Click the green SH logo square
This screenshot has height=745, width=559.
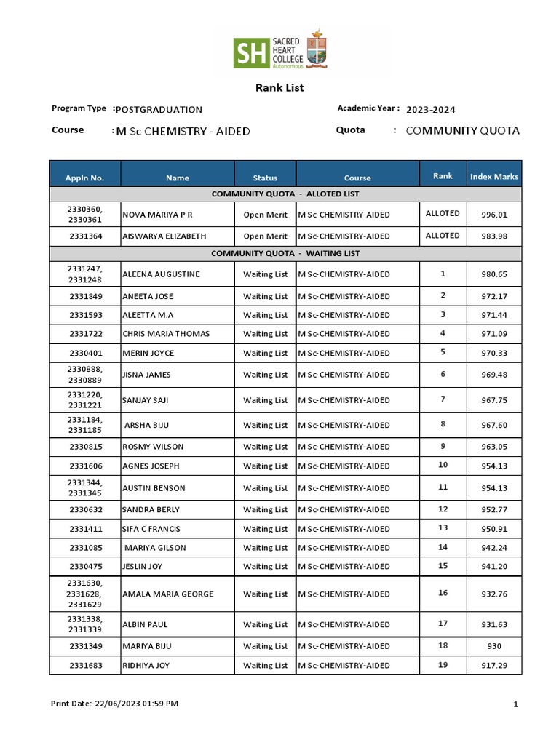click(x=250, y=52)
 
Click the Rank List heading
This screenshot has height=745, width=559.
click(x=279, y=88)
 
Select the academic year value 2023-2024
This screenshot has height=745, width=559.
click(x=431, y=110)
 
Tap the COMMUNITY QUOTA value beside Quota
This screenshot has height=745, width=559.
click(x=462, y=131)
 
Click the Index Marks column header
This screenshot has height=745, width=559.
click(x=493, y=177)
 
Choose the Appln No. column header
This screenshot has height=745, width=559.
click(x=85, y=178)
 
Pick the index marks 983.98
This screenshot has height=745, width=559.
click(x=493, y=236)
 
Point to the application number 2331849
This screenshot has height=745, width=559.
click(x=85, y=297)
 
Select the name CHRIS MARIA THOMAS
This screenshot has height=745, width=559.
click(x=166, y=334)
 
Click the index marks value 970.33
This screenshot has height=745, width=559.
click(x=493, y=353)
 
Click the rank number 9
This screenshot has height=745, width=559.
click(x=443, y=446)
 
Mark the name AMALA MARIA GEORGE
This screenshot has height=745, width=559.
click(x=168, y=594)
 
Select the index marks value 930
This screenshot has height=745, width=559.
click(x=493, y=646)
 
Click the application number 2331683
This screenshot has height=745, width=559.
click(x=85, y=666)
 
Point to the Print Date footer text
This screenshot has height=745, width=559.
click(x=114, y=704)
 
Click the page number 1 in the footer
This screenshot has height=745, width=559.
click(x=515, y=704)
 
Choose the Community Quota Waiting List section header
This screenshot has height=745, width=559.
click(x=285, y=254)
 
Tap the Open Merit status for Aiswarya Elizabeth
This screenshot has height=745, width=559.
click(x=265, y=236)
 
